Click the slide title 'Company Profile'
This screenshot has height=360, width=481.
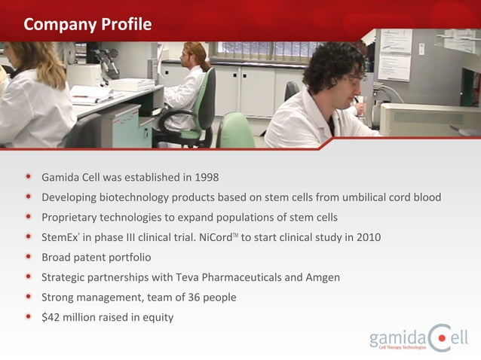[x=87, y=24]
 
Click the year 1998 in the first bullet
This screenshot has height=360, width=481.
[x=206, y=178]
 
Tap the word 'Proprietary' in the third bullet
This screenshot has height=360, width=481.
[x=70, y=218]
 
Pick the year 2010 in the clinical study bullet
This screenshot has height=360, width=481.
[x=368, y=237]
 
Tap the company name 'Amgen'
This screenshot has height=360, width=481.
[x=323, y=277]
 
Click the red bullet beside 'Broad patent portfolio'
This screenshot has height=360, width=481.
[x=28, y=257]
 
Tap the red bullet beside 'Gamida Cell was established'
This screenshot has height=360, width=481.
[x=28, y=177]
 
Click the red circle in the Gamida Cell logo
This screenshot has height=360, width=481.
[x=441, y=335]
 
